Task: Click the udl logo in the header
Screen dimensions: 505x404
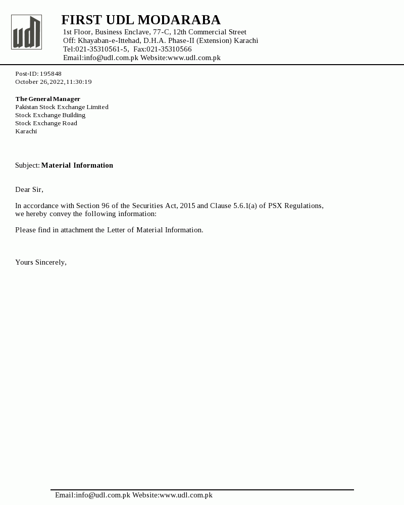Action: (26, 32)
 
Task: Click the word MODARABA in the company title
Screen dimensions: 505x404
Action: (179, 20)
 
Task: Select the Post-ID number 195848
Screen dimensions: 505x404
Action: (50, 74)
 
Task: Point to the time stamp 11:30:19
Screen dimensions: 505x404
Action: (79, 82)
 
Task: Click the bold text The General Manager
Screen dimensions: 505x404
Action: (47, 99)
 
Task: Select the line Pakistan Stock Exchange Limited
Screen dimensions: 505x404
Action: (62, 107)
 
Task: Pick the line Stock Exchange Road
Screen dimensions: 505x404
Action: (46, 123)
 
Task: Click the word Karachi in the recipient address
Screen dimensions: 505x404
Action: (26, 131)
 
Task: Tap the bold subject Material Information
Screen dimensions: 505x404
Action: (77, 165)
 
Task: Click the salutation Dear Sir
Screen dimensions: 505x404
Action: (29, 189)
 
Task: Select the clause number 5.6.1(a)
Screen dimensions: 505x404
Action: (245, 206)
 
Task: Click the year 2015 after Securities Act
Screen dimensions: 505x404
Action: (187, 206)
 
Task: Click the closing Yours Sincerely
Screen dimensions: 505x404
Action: (40, 262)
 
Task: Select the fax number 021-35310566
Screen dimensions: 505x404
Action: (169, 49)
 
